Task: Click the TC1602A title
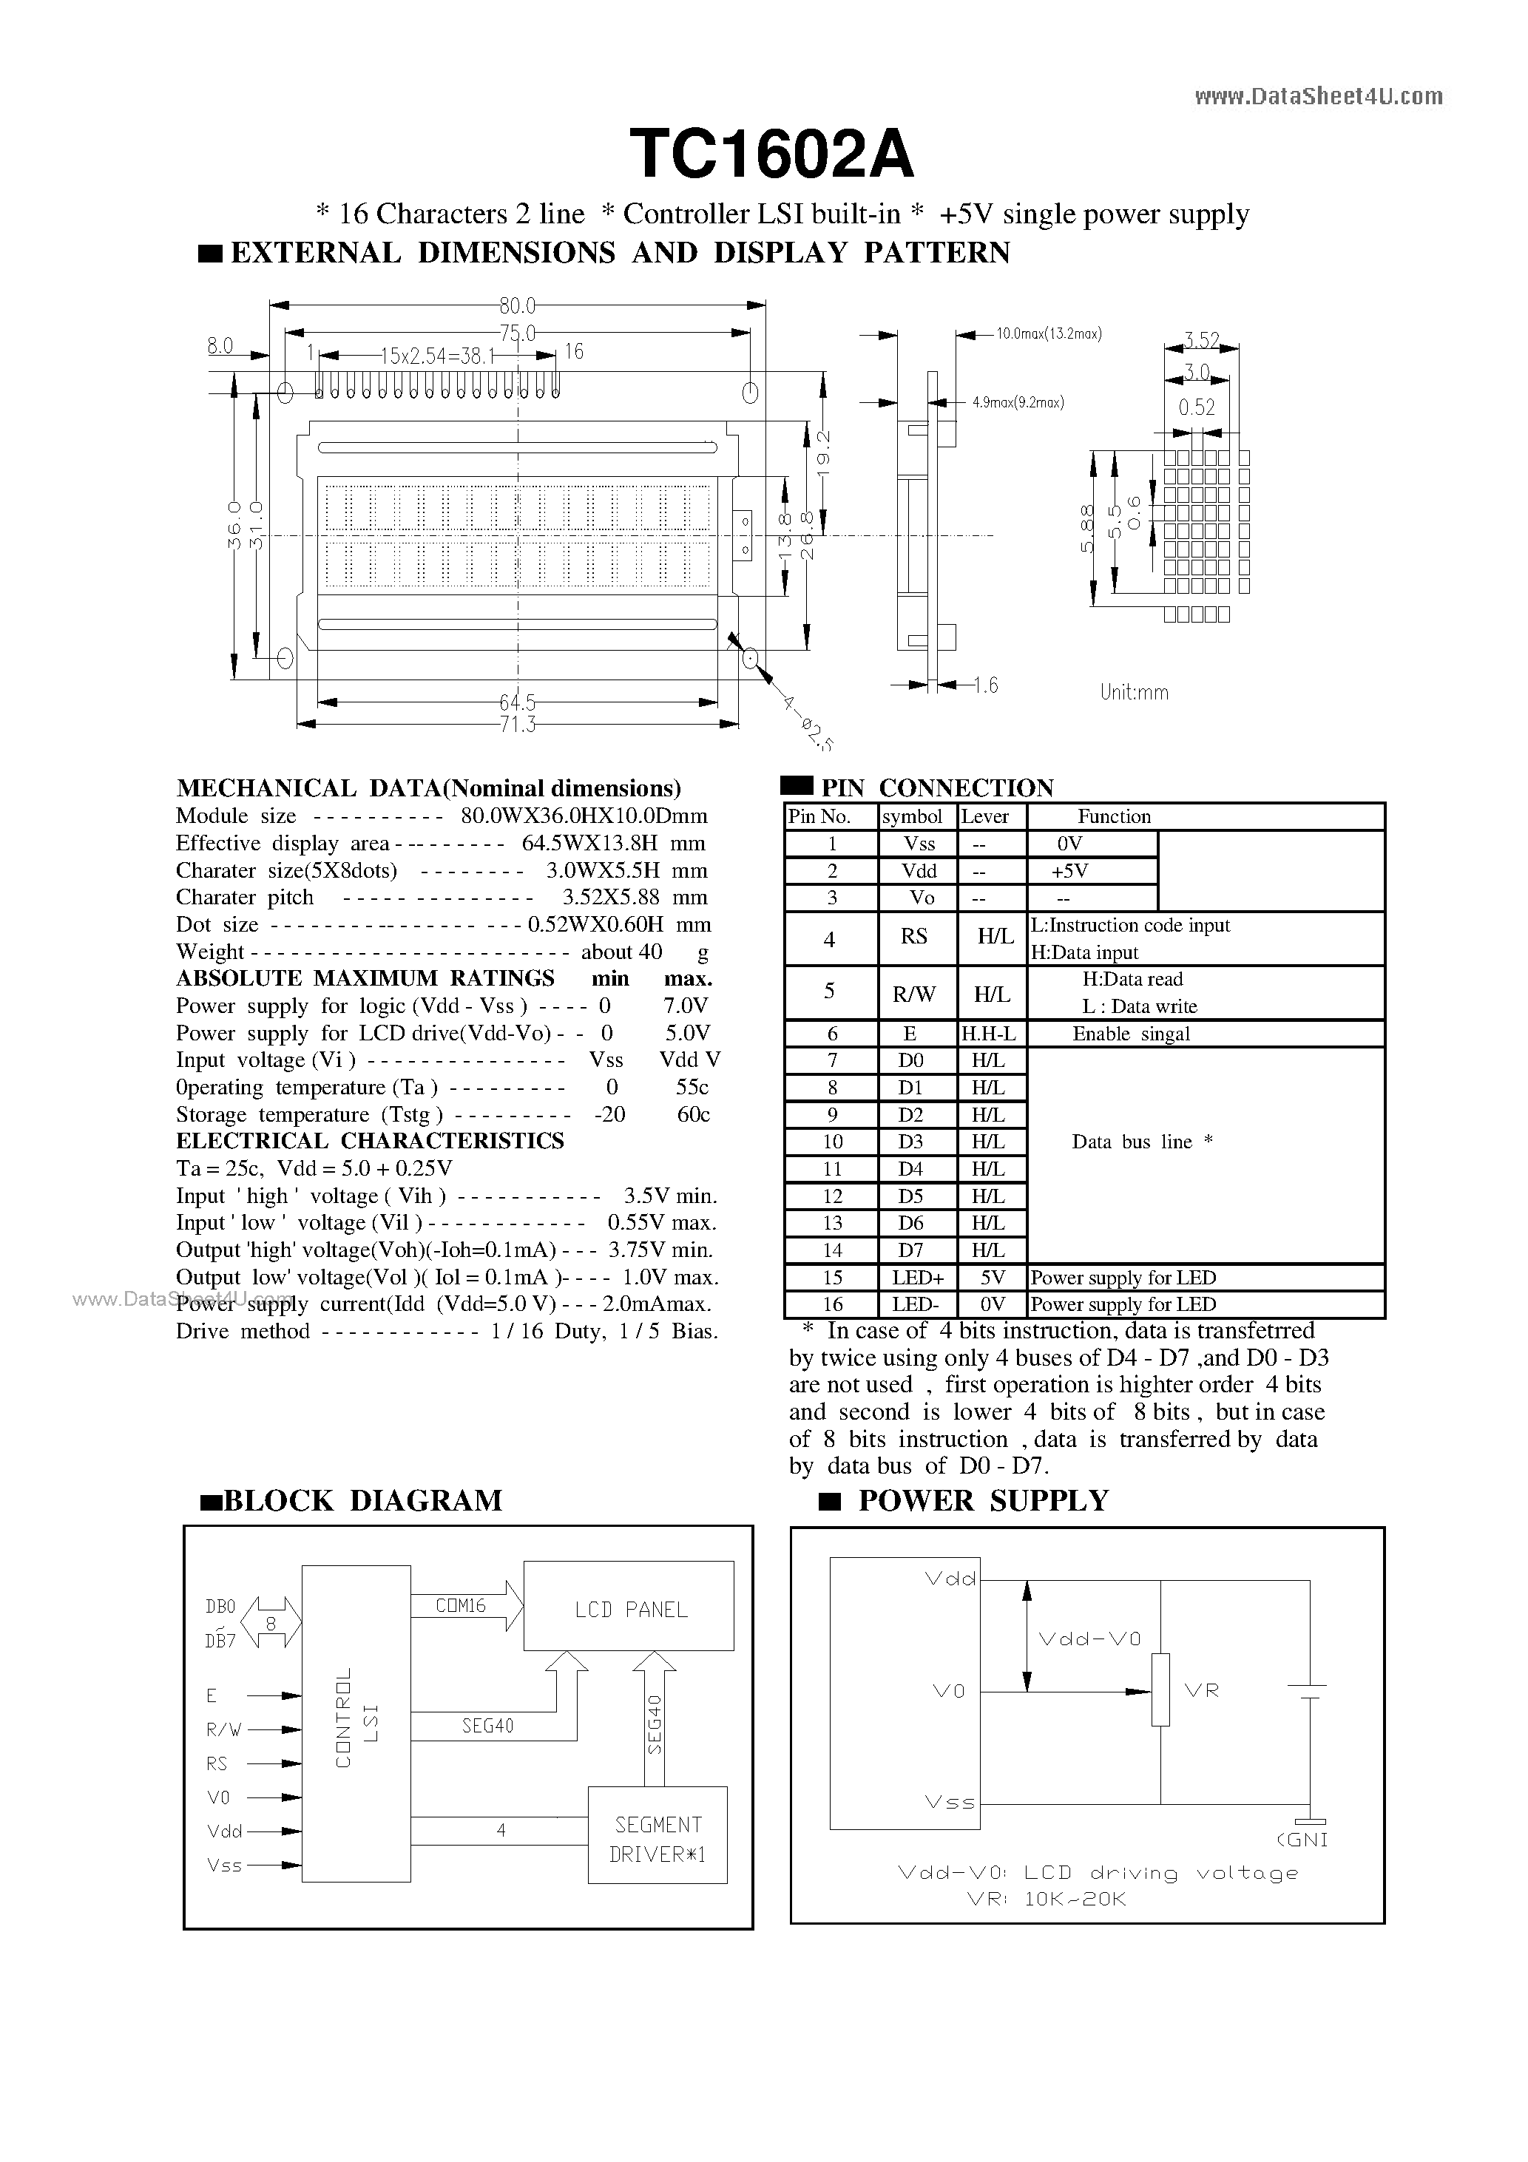771,155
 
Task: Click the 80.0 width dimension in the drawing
517,305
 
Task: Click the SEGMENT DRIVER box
657,1838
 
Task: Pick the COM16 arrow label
460,1605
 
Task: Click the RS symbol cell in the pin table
914,937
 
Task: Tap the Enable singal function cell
1130,1034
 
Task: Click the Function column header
1114,816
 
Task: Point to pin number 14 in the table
832,1250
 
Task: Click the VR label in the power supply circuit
1201,1690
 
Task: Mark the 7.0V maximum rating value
685,1006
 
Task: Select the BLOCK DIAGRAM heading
362,1500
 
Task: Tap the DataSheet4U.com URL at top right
1318,96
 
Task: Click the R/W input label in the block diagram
223,1729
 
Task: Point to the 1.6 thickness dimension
985,685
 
